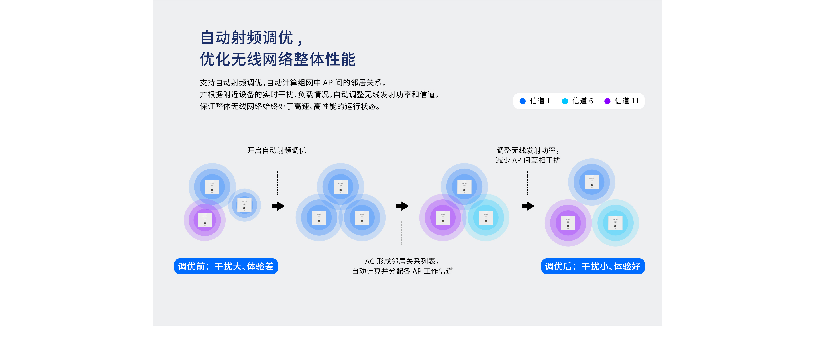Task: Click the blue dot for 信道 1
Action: (x=523, y=101)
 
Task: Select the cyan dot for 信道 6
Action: (x=565, y=101)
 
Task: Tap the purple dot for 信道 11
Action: (x=607, y=101)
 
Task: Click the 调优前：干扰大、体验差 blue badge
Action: (x=226, y=266)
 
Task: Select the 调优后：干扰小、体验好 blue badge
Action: (x=593, y=266)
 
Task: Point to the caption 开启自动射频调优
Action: (x=276, y=150)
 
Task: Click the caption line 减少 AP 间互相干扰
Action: (x=528, y=161)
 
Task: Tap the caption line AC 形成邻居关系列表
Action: (x=402, y=261)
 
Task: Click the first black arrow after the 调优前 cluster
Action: (x=278, y=206)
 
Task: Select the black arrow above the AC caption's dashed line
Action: (x=402, y=206)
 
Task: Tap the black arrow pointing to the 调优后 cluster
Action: (x=528, y=206)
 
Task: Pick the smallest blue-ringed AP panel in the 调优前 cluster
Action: (x=244, y=205)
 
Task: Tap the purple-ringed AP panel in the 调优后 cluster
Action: (x=568, y=223)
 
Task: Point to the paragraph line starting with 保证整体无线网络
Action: (x=290, y=106)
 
